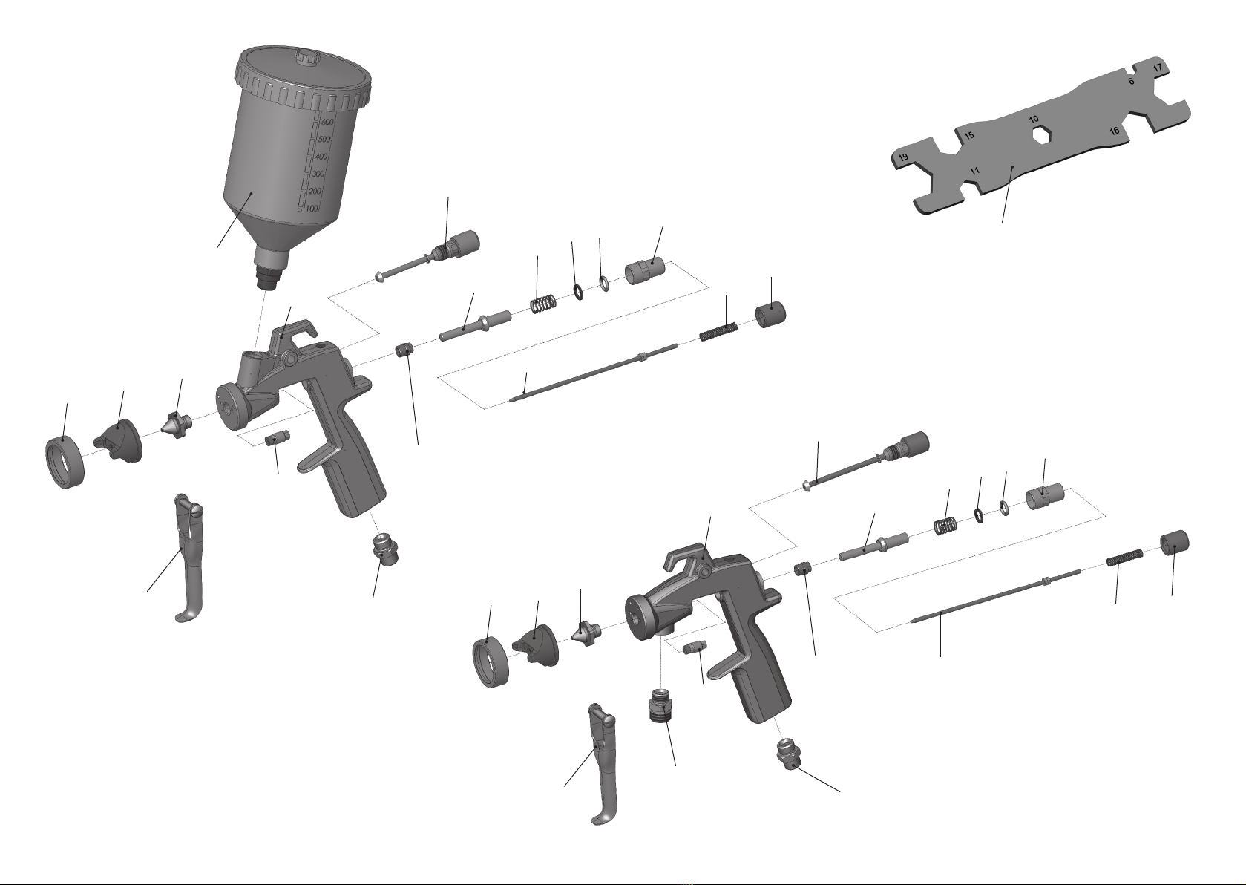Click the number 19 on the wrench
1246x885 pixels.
click(903, 157)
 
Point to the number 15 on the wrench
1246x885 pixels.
click(969, 135)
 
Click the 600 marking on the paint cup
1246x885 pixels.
click(327, 122)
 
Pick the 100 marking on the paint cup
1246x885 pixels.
click(312, 208)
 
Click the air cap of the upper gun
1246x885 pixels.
click(119, 440)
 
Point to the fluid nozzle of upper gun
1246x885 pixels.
click(177, 422)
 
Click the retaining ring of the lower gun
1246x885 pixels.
click(492, 663)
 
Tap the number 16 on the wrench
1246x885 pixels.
click(1114, 131)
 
